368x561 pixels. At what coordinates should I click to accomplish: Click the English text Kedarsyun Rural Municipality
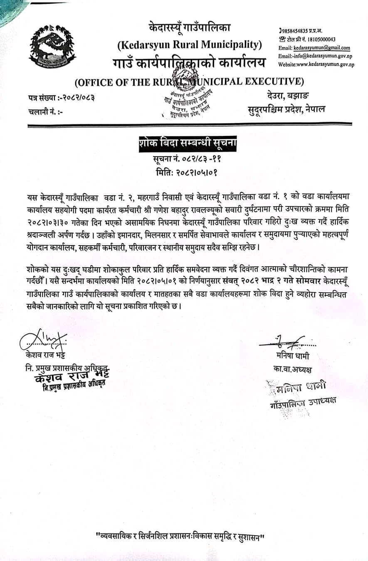(x=189, y=44)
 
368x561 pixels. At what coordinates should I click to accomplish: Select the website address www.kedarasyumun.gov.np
(x=316, y=64)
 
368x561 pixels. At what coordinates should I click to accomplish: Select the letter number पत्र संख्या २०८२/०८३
(x=62, y=98)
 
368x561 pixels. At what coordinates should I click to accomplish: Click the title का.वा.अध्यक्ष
(x=293, y=369)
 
